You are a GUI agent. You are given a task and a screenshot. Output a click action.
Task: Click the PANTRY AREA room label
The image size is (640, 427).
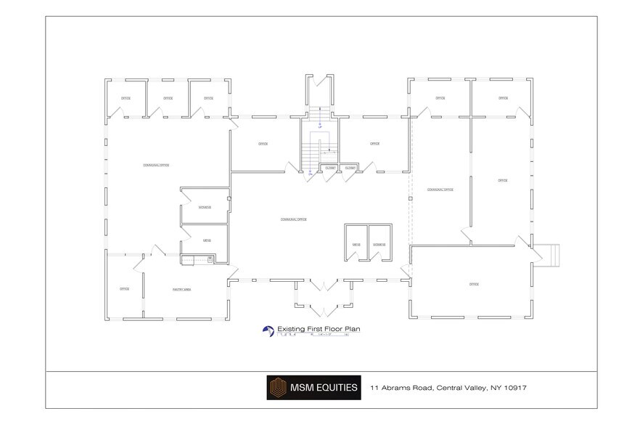[181, 289]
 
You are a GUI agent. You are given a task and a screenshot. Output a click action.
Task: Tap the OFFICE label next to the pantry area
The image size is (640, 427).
[125, 289]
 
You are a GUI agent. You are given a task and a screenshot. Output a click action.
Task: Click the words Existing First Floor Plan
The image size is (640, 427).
[319, 329]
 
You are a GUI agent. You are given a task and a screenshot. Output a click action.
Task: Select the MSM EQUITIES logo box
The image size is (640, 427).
[313, 388]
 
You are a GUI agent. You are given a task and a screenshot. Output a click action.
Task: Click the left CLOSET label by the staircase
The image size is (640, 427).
[330, 168]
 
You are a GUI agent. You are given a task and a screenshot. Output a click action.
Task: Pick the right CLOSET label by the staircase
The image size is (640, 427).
[350, 168]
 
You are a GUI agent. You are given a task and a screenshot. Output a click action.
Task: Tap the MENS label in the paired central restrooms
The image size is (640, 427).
[356, 245]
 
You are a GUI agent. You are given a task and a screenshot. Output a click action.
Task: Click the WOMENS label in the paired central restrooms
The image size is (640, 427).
[380, 245]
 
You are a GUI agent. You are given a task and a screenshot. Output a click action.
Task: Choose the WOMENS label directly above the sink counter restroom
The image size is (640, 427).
[205, 207]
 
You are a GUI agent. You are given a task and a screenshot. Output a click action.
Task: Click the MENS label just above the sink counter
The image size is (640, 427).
[207, 240]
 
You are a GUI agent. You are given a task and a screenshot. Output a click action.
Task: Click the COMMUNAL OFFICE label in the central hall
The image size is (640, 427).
[292, 219]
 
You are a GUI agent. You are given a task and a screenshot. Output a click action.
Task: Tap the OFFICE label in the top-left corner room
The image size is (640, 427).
[126, 98]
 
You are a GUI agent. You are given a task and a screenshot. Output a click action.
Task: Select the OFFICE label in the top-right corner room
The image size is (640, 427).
[503, 98]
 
